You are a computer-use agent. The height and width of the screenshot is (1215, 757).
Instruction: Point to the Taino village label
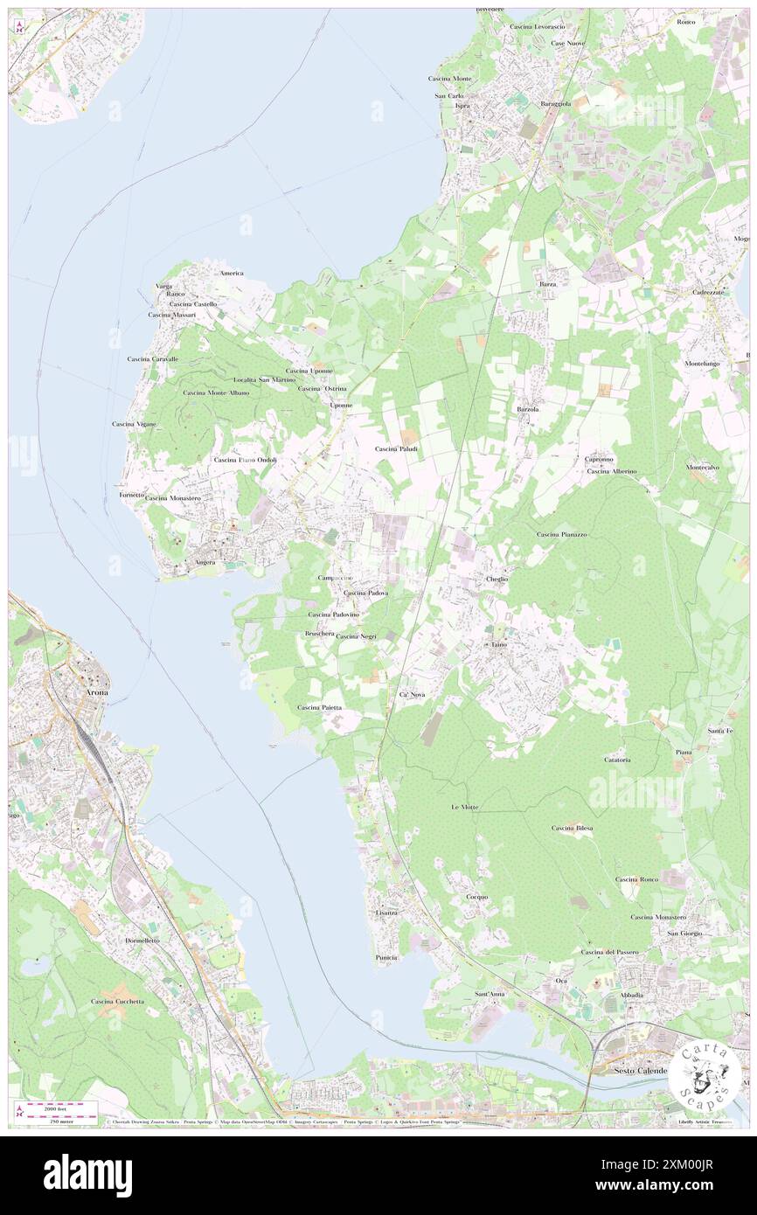(x=498, y=644)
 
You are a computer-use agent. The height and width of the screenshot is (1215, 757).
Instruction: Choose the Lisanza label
(x=386, y=913)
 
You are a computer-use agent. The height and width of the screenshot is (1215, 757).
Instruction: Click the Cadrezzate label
(x=708, y=292)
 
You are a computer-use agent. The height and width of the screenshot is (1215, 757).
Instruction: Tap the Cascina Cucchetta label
(x=117, y=1001)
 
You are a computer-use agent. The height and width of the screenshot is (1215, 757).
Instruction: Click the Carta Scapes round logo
(x=705, y=1073)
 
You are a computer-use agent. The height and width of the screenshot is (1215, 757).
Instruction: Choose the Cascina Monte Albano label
(x=216, y=392)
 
